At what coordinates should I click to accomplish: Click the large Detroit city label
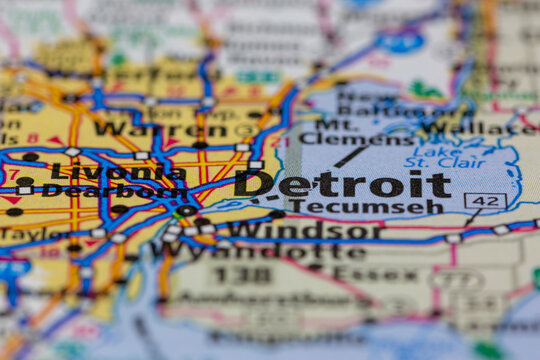(x=342, y=184)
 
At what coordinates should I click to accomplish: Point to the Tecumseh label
(x=366, y=207)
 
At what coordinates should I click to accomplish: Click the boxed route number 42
(x=485, y=201)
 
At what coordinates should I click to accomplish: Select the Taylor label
(x=35, y=233)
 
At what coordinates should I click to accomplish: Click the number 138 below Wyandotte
(x=241, y=273)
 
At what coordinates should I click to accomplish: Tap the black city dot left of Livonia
(x=31, y=157)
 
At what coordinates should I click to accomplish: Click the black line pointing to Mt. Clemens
(x=349, y=156)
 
